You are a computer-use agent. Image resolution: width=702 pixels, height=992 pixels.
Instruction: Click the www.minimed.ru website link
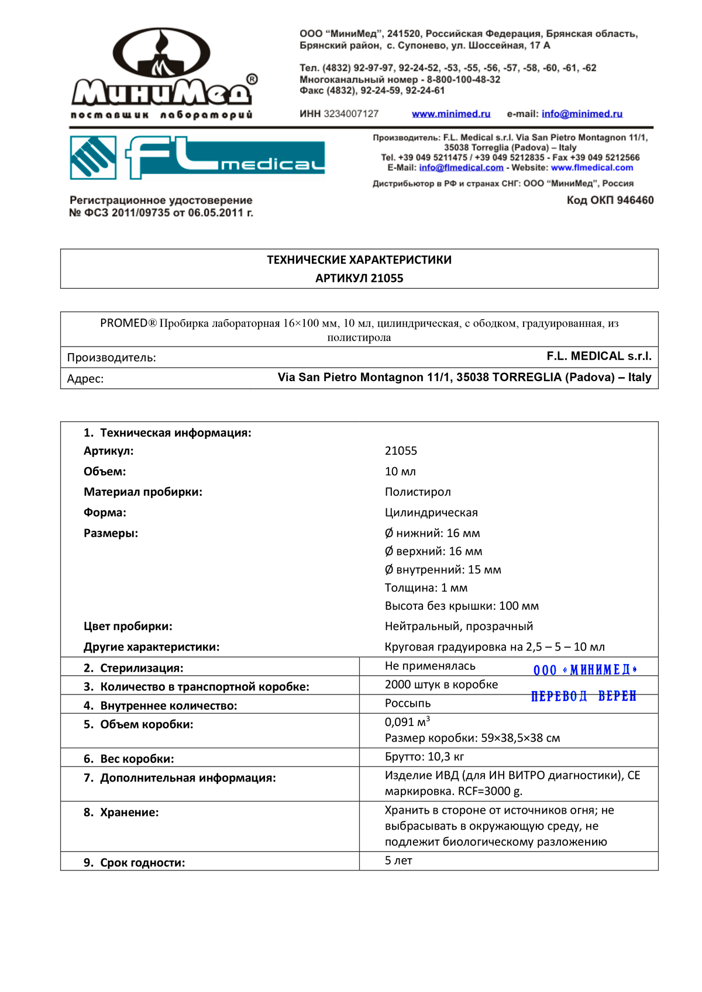pos(451,114)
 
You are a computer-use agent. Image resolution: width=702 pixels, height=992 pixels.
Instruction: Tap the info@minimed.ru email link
pos(581,114)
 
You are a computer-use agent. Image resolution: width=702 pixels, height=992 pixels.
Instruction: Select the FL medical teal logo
pos(197,157)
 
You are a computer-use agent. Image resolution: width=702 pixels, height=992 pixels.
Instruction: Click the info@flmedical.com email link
pos(461,168)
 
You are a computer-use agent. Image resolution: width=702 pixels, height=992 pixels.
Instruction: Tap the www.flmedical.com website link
pos(592,168)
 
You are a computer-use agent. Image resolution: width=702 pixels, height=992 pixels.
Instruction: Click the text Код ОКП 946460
pos(610,201)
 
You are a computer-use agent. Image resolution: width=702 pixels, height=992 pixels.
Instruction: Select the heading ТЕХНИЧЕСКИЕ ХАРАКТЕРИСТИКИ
pos(359,260)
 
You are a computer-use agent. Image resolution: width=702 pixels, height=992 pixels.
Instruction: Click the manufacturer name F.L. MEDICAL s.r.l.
pos(599,357)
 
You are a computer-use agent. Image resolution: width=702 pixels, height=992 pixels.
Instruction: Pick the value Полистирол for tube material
pos(418,492)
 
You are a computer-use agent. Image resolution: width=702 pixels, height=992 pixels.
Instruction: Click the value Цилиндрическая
pos(431,513)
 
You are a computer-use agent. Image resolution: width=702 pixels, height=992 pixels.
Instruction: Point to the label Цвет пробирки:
pos(128,627)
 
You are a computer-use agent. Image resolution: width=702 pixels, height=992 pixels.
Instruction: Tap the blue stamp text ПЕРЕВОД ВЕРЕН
pos(583,696)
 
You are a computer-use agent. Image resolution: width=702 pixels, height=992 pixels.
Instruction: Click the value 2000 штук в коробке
pos(441,685)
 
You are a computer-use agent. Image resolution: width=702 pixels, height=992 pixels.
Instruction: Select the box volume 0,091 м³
pos(407,722)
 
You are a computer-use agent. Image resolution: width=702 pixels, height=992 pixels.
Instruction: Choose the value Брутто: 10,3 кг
pos(424,757)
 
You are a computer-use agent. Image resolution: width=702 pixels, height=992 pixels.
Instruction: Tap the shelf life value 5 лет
pos(398,861)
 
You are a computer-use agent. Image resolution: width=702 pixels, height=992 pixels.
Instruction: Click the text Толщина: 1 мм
pos(426,588)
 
